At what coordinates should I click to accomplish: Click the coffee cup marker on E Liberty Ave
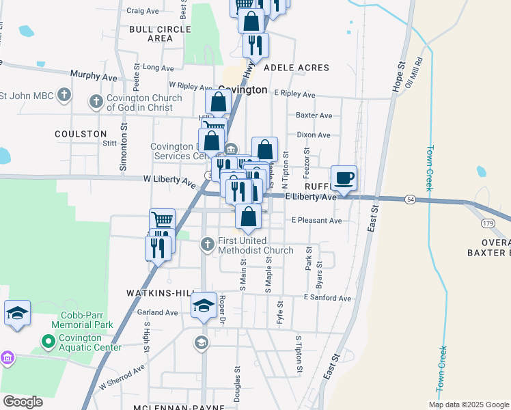[x=344, y=178]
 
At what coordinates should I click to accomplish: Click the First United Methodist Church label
[x=255, y=245]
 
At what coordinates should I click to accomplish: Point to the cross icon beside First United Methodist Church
[x=207, y=244]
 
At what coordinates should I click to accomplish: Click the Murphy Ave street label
[x=94, y=77]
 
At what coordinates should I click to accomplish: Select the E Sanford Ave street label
[x=327, y=298]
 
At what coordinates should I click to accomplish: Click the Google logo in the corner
[x=23, y=402]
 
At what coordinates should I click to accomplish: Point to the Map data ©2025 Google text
[x=469, y=404]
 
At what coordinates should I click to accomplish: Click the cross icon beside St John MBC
[x=64, y=95]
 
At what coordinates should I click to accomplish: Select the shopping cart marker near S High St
[x=162, y=219]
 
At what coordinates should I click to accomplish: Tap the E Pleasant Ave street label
[x=316, y=221]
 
